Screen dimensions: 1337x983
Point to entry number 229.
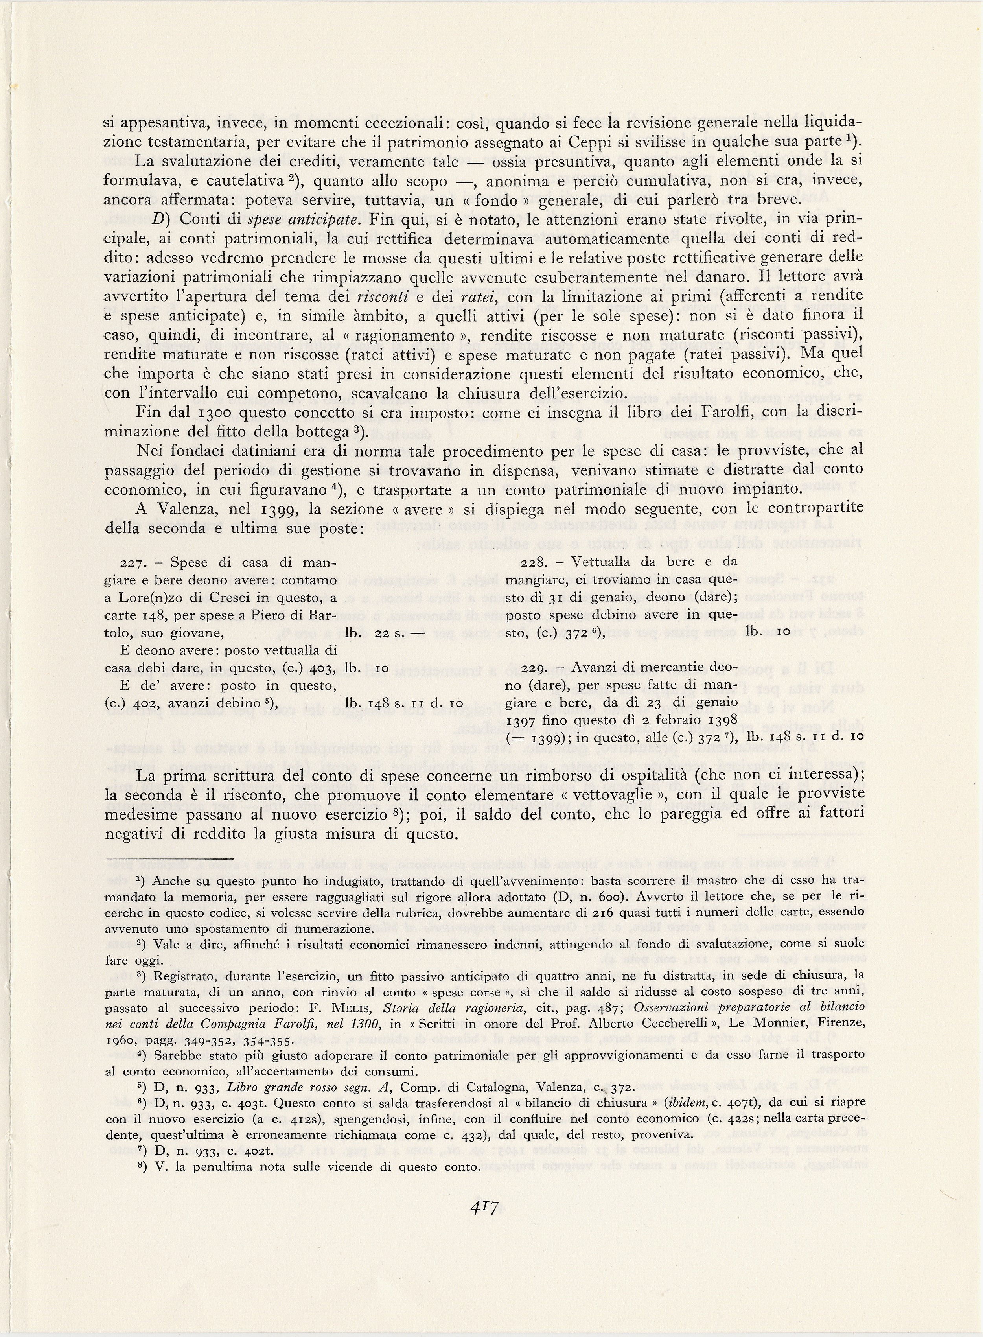coord(533,668)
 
